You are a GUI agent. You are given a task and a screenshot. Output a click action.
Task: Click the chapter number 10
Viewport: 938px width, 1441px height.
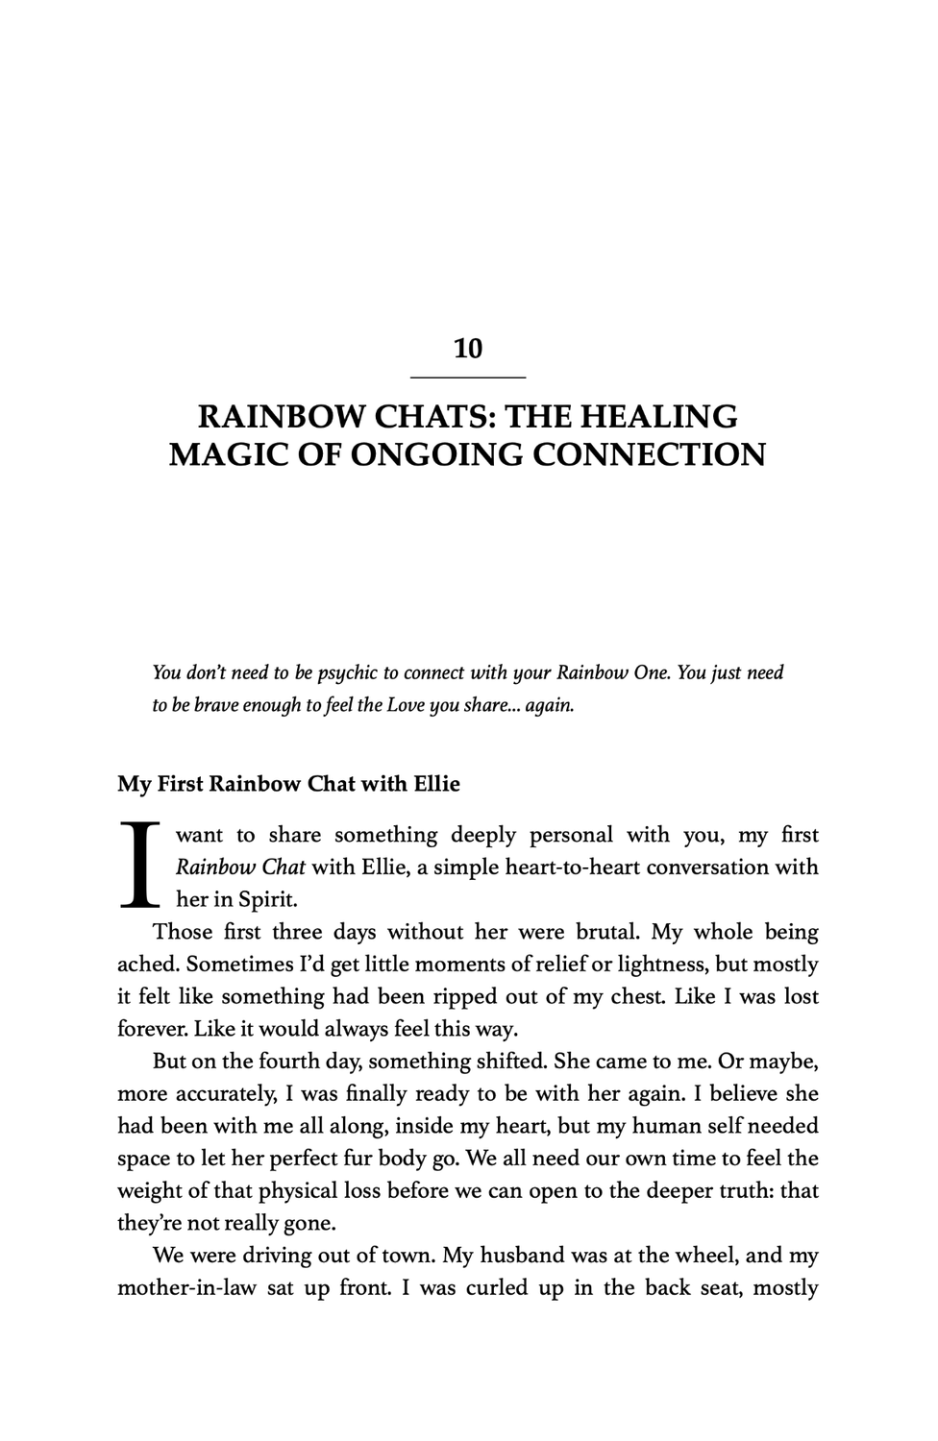click(468, 349)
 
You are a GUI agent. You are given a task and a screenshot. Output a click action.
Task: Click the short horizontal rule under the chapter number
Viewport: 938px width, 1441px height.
click(468, 377)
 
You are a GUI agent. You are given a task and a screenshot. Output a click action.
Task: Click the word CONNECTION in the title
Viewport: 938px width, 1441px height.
click(649, 453)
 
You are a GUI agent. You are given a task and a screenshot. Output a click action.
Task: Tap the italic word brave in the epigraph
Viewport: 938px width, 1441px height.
click(215, 705)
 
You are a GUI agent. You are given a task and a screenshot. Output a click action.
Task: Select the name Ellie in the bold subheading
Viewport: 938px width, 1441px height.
click(436, 784)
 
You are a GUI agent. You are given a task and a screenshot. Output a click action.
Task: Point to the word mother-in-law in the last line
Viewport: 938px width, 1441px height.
click(186, 1288)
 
